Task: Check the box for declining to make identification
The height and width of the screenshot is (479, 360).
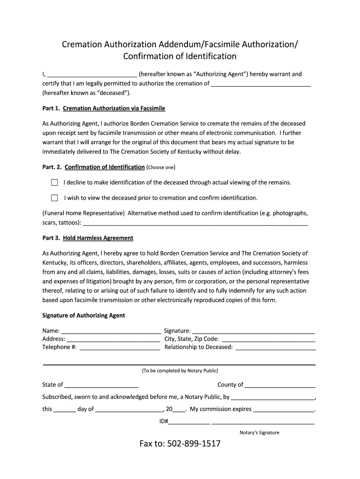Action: (55, 182)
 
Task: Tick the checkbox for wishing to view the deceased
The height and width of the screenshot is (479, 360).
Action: (55, 197)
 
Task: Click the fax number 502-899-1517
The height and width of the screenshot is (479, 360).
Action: (180, 443)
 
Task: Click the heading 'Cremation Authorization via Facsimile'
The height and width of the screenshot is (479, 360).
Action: (114, 109)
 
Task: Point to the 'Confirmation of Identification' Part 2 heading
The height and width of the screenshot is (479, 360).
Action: (104, 167)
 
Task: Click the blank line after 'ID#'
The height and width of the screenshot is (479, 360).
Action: (189, 422)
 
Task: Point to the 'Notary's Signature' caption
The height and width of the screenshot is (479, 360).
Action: (259, 433)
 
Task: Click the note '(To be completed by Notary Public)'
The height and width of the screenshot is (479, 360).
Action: (180, 371)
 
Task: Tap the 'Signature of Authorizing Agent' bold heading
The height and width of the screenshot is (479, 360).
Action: (84, 316)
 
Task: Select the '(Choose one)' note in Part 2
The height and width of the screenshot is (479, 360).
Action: (161, 167)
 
